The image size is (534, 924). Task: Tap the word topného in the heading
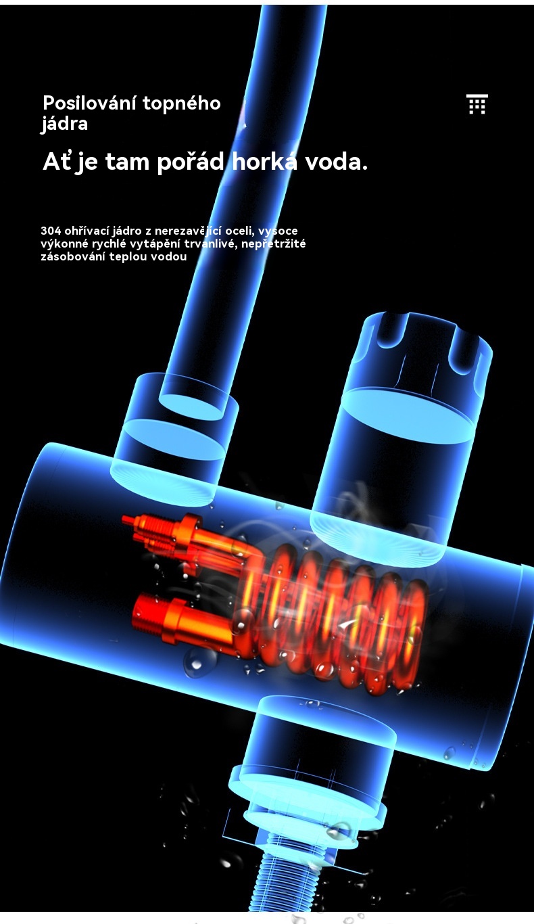point(181,104)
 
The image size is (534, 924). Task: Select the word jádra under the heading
point(64,124)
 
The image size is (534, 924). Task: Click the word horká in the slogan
point(265,161)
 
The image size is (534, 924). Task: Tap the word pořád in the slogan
point(191,162)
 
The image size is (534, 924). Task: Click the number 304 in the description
point(51,231)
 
